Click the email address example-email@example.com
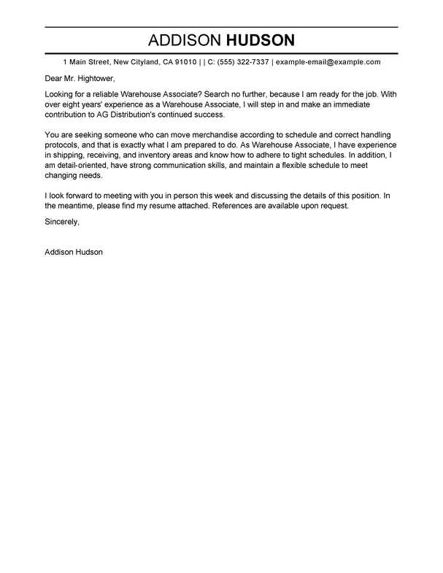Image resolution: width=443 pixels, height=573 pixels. point(328,62)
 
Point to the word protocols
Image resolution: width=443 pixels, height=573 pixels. point(63,145)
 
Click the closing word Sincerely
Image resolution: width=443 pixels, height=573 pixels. point(62,220)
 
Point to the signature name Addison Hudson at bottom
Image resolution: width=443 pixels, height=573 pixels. point(74,252)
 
